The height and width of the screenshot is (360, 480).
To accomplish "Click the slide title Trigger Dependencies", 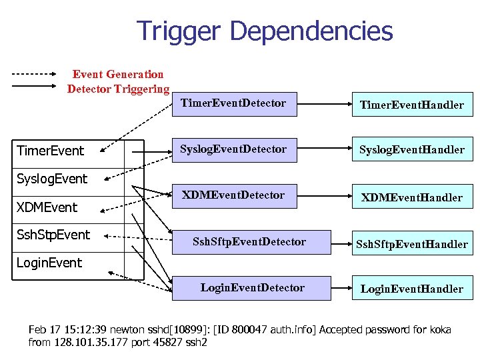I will [x=265, y=31].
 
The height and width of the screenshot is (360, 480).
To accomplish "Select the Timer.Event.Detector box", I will [x=234, y=103].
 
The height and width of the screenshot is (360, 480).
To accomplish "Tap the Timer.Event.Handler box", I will [x=411, y=105].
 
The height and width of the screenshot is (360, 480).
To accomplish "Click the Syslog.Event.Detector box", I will [x=234, y=149].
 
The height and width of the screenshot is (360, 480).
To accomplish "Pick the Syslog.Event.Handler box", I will [x=411, y=150].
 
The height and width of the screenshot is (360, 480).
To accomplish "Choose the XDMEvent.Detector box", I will [x=234, y=195].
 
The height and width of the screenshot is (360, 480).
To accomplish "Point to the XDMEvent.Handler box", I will [x=411, y=197].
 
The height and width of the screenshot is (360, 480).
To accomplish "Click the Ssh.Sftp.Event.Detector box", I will [x=249, y=242].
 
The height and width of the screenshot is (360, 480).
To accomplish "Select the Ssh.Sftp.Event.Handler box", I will [x=411, y=244].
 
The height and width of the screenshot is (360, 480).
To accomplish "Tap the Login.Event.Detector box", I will [x=253, y=288].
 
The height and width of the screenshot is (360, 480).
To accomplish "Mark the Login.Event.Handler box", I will [x=411, y=289].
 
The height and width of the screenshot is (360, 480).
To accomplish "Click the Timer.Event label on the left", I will [x=51, y=151].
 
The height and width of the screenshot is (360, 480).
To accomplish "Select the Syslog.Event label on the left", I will [x=52, y=179].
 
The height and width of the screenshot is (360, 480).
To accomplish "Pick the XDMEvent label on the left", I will [x=47, y=207].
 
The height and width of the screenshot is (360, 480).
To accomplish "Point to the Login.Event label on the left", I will [x=49, y=263].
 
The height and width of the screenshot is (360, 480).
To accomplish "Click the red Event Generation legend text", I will [x=117, y=75].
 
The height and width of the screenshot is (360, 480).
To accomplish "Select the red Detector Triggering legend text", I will [x=118, y=89].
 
